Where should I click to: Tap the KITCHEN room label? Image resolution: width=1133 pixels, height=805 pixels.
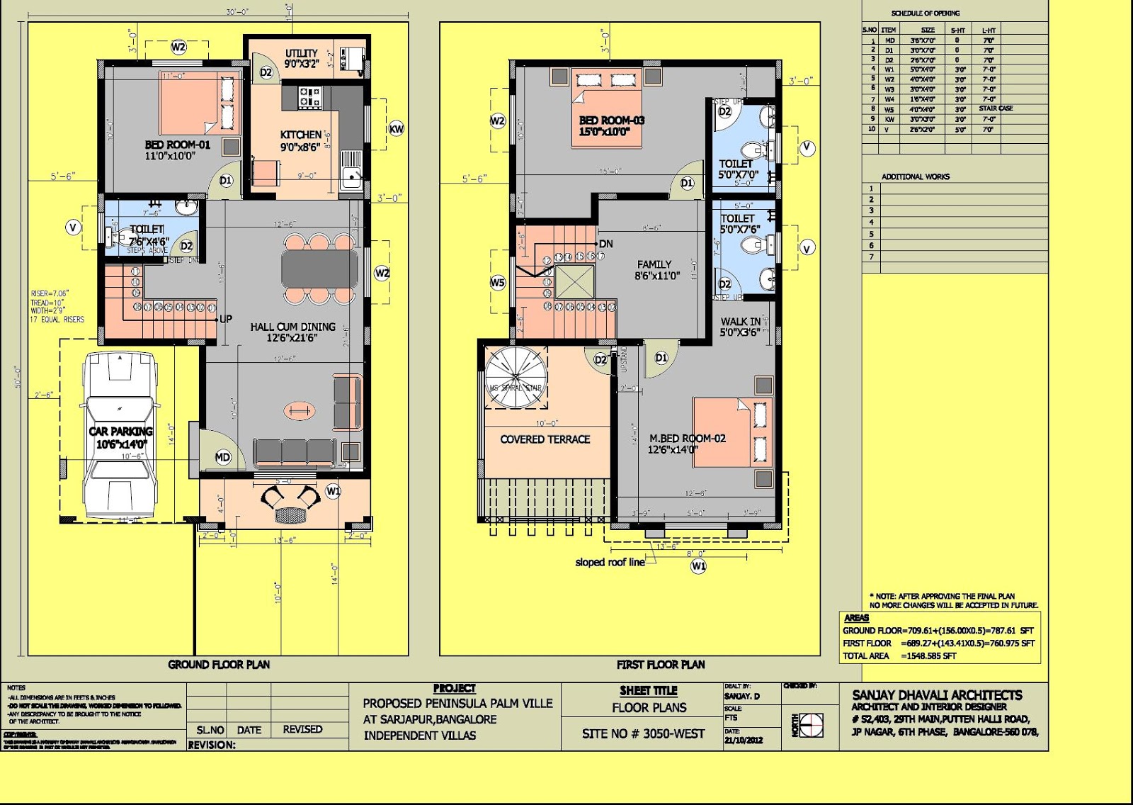(x=301, y=135)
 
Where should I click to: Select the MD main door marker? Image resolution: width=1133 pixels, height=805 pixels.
(x=223, y=457)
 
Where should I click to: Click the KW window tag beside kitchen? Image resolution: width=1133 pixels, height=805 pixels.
(x=397, y=129)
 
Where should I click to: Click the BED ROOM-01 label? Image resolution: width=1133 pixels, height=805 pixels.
(x=178, y=145)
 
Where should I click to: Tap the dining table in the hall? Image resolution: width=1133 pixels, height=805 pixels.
(x=320, y=269)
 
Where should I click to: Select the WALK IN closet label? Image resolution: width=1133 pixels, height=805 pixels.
(x=741, y=322)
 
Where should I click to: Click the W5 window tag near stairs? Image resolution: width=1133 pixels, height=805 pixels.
(x=498, y=283)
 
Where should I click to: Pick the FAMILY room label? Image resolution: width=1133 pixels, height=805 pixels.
(x=654, y=264)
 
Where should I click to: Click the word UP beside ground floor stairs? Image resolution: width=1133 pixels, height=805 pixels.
(x=226, y=319)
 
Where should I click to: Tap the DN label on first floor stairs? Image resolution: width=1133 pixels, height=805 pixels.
(x=605, y=244)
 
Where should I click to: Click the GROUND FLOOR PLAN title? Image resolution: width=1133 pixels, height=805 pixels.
(x=219, y=665)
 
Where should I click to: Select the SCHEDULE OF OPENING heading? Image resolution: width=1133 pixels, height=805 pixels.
(x=926, y=13)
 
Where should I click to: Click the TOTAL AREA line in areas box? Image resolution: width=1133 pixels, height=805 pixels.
(x=899, y=656)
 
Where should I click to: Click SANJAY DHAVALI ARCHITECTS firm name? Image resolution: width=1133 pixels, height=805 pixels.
(x=937, y=695)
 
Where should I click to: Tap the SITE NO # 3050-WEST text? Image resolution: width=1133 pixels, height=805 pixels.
(x=643, y=734)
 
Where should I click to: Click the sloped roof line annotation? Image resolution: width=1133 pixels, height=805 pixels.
(x=610, y=563)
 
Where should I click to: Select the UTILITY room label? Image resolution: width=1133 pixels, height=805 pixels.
(x=302, y=53)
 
